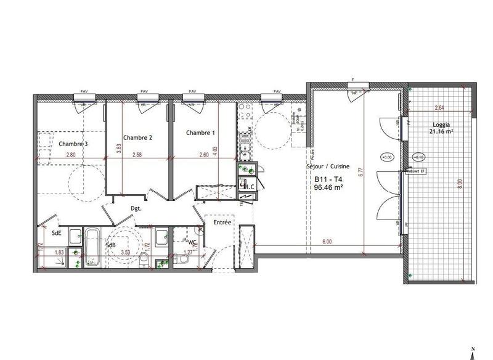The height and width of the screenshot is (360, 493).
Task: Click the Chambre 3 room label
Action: pos(73,144)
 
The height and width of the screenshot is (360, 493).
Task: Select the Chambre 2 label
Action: pos(137,137)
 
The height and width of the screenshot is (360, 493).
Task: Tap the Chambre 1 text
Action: pos(201,133)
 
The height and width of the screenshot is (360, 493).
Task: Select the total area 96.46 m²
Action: pos(328,189)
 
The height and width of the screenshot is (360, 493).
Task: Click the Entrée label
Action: pos(222,222)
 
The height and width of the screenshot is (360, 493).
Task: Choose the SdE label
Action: pos(56,233)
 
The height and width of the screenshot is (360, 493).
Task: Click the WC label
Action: pos(191,242)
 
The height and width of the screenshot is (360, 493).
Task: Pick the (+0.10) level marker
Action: pos(418,157)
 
